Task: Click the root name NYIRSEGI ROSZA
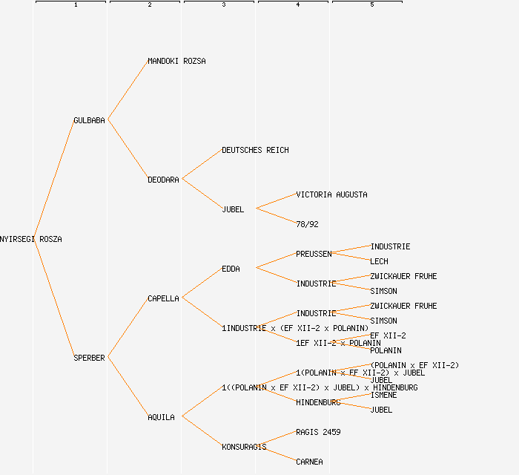coord(31,239)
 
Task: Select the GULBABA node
coord(89,120)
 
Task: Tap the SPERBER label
coord(89,358)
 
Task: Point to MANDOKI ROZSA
coord(176,61)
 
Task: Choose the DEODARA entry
coord(163,180)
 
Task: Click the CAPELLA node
coord(163,298)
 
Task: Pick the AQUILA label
coord(161,417)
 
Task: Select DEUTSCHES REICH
coord(255,150)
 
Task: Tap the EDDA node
coord(231,269)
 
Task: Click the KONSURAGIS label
coord(244,447)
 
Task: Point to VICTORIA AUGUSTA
coord(331,194)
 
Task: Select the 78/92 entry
coord(307,224)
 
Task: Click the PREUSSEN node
coord(314,254)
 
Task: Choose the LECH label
coord(379,261)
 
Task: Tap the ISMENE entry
coord(383,395)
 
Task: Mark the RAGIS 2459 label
coord(318,432)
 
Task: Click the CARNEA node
coord(309,462)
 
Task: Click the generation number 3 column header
coord(223,5)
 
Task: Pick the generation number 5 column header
coord(371,5)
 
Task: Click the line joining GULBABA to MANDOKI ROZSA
coord(128,91)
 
